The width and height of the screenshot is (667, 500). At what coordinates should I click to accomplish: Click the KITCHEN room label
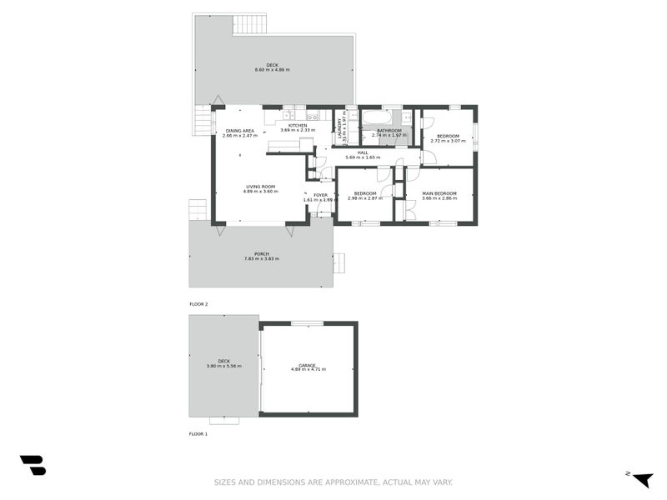pos(298,125)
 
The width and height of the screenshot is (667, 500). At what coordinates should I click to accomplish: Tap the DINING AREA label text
pos(239,131)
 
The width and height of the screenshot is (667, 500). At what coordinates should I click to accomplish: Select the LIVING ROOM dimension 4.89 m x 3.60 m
pos(260,192)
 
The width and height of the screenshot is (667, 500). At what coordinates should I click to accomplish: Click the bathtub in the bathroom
pos(380,116)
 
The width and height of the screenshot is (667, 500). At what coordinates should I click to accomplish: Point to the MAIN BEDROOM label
pos(439,193)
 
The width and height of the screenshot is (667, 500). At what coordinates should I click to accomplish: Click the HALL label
pos(363,152)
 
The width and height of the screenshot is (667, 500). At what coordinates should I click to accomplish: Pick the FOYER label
pos(320,195)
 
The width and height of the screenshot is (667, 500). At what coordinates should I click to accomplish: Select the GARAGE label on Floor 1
pos(308,364)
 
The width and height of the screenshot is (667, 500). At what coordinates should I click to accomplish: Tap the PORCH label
pos(262,254)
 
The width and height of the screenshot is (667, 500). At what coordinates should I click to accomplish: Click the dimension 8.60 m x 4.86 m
pos(272,69)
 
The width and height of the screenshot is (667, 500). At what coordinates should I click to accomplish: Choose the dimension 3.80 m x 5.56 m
pos(223,366)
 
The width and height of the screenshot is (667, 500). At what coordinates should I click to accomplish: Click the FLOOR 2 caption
pos(198,304)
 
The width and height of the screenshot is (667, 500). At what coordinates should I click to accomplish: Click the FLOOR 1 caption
pos(198,434)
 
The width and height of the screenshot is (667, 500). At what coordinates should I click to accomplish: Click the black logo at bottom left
pos(33,465)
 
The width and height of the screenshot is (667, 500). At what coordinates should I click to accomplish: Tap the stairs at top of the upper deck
pos(249,23)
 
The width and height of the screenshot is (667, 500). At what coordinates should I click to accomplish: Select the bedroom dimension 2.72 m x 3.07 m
pos(448,141)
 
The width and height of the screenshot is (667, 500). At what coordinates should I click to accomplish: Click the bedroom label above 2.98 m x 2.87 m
pos(365,193)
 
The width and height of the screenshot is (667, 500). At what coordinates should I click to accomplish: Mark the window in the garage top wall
pos(307,323)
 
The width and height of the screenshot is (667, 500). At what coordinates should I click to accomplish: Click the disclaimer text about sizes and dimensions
pos(333,482)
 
